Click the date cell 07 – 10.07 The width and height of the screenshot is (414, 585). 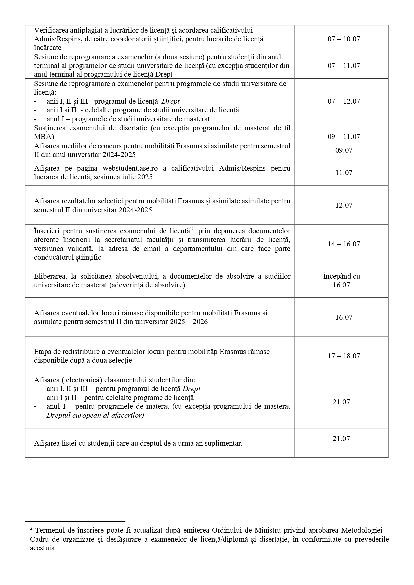pyautogui.click(x=344, y=39)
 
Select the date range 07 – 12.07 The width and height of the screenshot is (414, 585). pyautogui.click(x=344, y=101)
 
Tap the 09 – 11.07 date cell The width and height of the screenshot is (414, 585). pyautogui.click(x=344, y=137)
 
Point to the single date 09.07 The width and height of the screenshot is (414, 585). pyautogui.click(x=344, y=150)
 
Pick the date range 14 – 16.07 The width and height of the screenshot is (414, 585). pyautogui.click(x=344, y=244)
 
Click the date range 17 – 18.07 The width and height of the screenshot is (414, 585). pyautogui.click(x=344, y=356)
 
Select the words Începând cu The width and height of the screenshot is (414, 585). pyautogui.click(x=341, y=276)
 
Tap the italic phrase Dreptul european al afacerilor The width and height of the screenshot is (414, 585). pyautogui.click(x=95, y=415)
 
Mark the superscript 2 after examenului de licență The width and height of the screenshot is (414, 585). pyautogui.click(x=192, y=229)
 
